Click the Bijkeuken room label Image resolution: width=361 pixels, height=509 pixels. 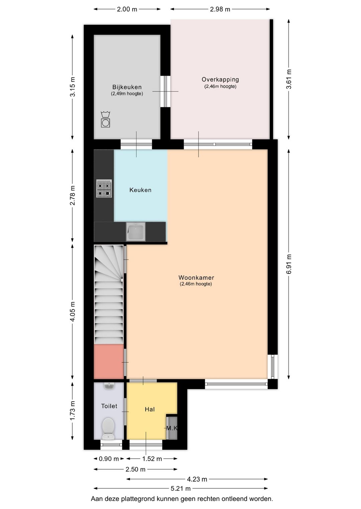pyautogui.click(x=127, y=87)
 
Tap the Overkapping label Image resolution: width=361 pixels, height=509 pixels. pyautogui.click(x=220, y=79)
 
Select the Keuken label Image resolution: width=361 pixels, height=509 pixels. pyautogui.click(x=140, y=190)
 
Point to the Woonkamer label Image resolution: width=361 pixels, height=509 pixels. pyautogui.click(x=196, y=278)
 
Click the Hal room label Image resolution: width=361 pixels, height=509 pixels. pyautogui.click(x=149, y=409)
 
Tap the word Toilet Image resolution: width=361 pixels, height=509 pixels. pyautogui.click(x=109, y=406)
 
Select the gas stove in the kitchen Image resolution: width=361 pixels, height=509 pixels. pyautogui.click(x=104, y=189)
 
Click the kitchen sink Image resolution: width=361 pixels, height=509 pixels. pyautogui.click(x=136, y=232)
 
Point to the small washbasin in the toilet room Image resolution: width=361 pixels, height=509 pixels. pyautogui.click(x=109, y=386)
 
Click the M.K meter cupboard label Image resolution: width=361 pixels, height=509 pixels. pyautogui.click(x=172, y=428)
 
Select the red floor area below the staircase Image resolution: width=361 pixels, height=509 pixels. pyautogui.click(x=109, y=361)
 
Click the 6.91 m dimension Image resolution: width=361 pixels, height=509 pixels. pyautogui.click(x=289, y=264)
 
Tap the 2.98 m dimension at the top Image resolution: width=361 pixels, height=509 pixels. pyautogui.click(x=220, y=9)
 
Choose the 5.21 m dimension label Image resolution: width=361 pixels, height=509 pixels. pyautogui.click(x=180, y=489)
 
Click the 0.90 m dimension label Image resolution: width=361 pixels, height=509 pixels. pyautogui.click(x=109, y=459)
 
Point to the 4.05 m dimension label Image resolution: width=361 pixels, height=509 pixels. pyautogui.click(x=73, y=311)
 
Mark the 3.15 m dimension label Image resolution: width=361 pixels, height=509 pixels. pyautogui.click(x=73, y=87)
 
